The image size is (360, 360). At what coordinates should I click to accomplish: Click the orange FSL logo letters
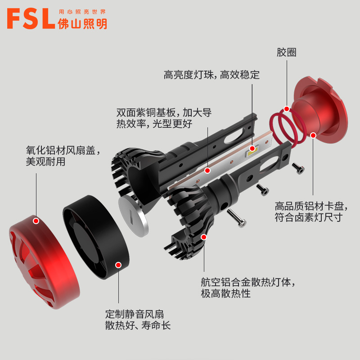click(31, 19)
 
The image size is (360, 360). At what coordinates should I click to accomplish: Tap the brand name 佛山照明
click(83, 24)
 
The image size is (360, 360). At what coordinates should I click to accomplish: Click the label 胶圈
click(287, 53)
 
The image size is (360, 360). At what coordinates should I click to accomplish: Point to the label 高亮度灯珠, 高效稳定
click(211, 75)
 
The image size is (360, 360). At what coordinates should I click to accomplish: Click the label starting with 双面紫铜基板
click(164, 117)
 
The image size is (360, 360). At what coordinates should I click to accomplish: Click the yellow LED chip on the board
click(250, 151)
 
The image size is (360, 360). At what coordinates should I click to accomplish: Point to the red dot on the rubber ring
click(286, 108)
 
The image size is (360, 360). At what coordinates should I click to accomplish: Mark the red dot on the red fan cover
click(36, 221)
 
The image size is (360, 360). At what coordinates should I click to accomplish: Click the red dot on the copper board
click(207, 171)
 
